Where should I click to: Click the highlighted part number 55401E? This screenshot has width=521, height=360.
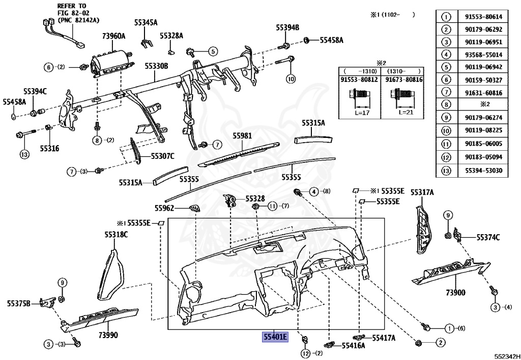(x=275, y=337)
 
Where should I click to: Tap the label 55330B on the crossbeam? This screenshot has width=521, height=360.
(x=156, y=66)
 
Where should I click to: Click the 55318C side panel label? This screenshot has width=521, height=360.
(x=117, y=234)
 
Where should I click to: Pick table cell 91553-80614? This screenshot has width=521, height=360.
(x=483, y=16)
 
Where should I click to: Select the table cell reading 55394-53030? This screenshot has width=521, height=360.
(x=483, y=170)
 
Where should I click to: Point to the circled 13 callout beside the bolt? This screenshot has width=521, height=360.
(x=23, y=154)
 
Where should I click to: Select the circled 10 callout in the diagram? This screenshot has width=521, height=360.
(x=290, y=79)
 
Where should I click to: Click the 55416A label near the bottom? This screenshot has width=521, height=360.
(x=353, y=345)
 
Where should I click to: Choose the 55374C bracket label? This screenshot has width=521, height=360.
(x=488, y=237)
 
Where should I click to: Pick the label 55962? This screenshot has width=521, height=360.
(x=165, y=208)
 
